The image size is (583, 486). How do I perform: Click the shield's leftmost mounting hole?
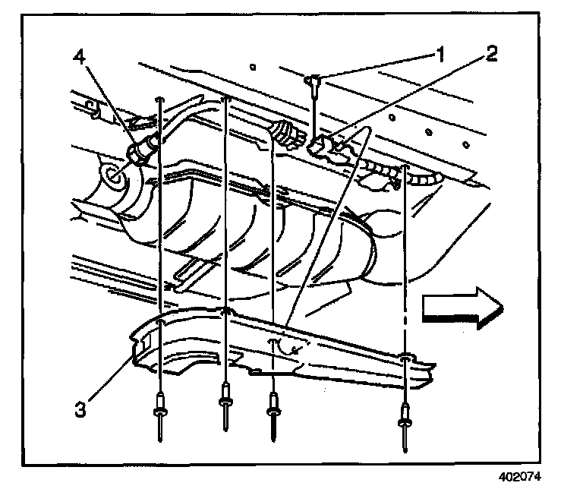click(160, 322)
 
